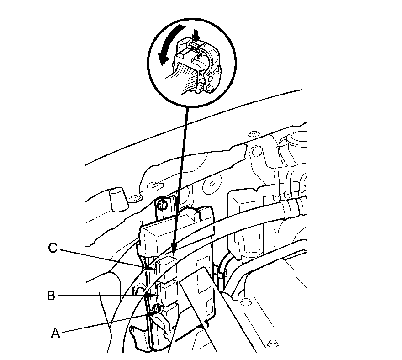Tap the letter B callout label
[52, 296]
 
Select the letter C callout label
[53, 249]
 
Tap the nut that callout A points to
[158, 309]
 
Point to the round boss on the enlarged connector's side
[211, 78]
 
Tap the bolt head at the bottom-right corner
[273, 342]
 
